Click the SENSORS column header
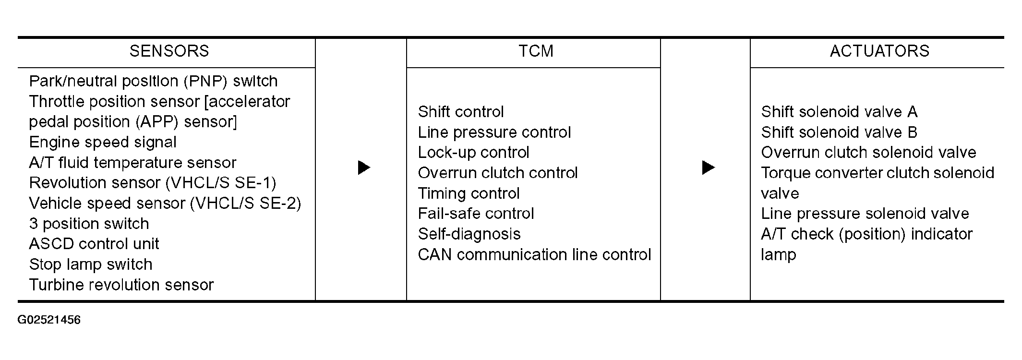pyautogui.click(x=169, y=51)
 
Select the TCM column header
pyautogui.click(x=536, y=51)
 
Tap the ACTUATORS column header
pyautogui.click(x=879, y=51)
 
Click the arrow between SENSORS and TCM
pyautogui.click(x=364, y=168)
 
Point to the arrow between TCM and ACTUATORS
pyautogui.click(x=709, y=168)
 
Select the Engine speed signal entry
pyautogui.click(x=103, y=143)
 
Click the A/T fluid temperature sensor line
pyautogui.click(x=132, y=163)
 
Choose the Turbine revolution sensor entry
pyautogui.click(x=121, y=285)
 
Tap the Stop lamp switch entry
pyautogui.click(x=91, y=264)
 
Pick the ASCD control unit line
pyautogui.click(x=94, y=244)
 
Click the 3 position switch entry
pyautogui.click(x=89, y=224)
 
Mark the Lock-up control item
pyautogui.click(x=473, y=153)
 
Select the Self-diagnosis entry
pyautogui.click(x=469, y=234)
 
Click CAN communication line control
pyautogui.click(x=534, y=254)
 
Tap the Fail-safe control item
pyautogui.click(x=476, y=214)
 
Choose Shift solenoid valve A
pyautogui.click(x=839, y=112)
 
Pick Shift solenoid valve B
pyautogui.click(x=839, y=132)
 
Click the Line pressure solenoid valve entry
pyautogui.click(x=865, y=214)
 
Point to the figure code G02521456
pyautogui.click(x=49, y=320)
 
